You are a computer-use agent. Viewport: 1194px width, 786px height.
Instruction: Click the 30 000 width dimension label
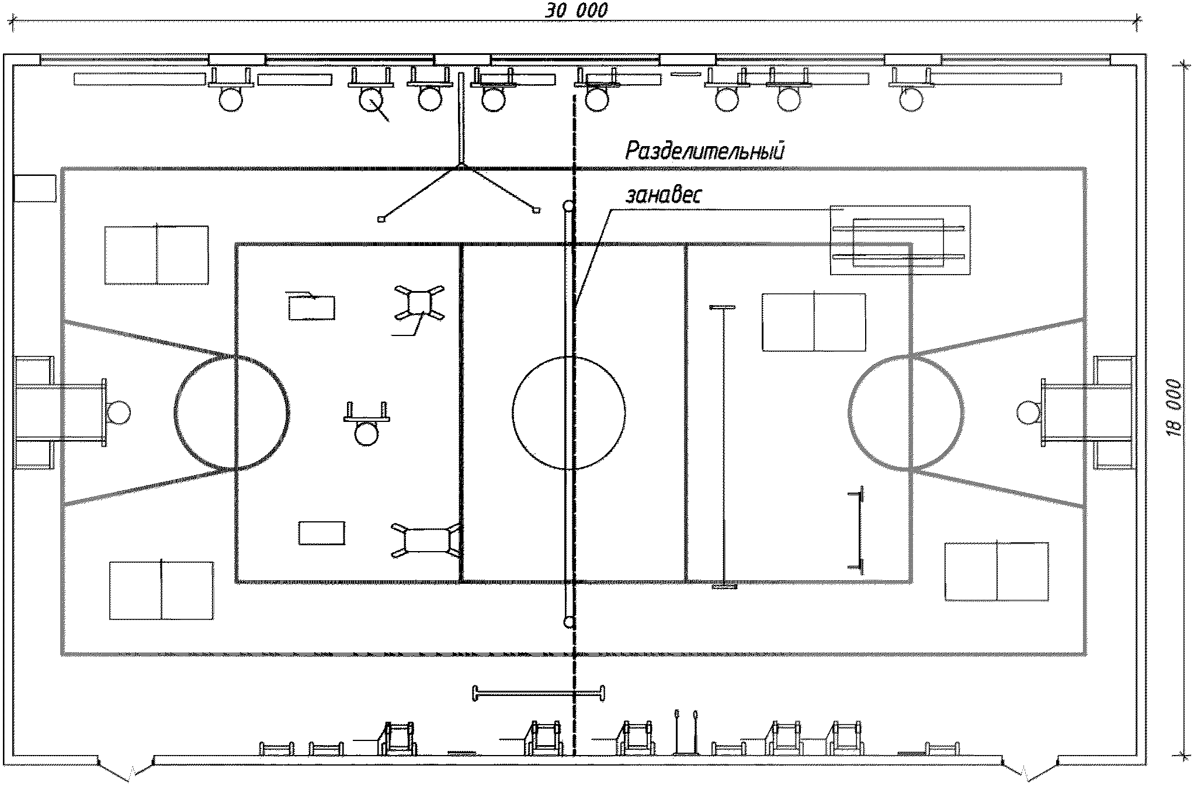coord(577,11)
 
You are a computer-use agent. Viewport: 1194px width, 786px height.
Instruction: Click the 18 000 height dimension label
coord(1175,408)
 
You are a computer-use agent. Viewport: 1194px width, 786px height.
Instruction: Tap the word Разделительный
coord(704,151)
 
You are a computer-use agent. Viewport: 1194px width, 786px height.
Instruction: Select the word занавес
coord(663,195)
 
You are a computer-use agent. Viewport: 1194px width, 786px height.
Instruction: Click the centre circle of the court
coord(569,412)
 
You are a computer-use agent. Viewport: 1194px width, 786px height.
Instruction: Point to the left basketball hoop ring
coord(119,412)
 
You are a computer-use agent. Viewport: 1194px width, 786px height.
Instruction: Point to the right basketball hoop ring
coord(1028,413)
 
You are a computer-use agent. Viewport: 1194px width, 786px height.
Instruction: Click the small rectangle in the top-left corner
coord(35,188)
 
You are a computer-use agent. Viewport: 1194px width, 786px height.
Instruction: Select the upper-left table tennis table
coord(157,255)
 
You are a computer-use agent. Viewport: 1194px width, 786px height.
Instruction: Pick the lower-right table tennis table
coord(997,572)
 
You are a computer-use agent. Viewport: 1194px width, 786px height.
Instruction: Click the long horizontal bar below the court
coord(538,694)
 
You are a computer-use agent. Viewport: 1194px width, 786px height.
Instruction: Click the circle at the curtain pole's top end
coord(568,206)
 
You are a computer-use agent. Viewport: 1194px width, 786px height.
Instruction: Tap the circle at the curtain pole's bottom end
coord(569,622)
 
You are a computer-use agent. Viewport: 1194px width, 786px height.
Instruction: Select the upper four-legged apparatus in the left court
coord(419,303)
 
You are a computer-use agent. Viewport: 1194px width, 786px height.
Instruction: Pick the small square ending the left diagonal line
coord(381,219)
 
